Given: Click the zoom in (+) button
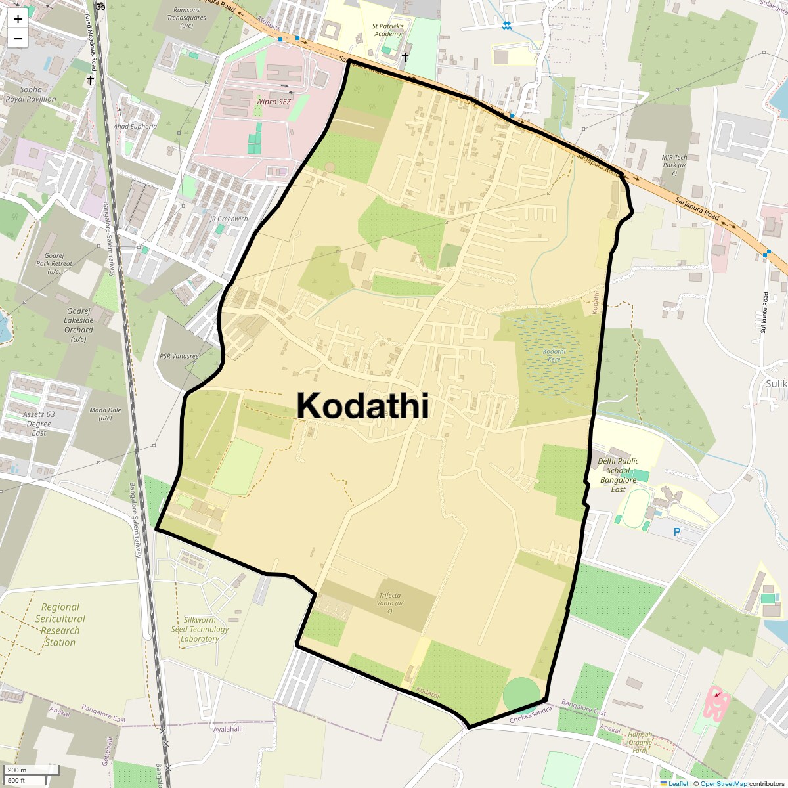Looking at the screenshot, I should tap(18, 18).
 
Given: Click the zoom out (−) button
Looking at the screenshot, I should tap(18, 39).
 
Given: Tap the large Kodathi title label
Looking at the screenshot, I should tap(362, 406).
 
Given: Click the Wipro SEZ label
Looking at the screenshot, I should tap(273, 102).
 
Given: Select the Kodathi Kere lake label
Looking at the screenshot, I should tap(554, 355).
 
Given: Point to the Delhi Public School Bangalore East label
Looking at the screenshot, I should tap(618, 475).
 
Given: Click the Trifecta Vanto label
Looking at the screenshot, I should tap(389, 603).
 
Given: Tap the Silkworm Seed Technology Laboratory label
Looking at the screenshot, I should tap(200, 629).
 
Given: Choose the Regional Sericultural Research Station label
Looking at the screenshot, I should tap(60, 624).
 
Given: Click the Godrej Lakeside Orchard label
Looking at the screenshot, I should tap(79, 325).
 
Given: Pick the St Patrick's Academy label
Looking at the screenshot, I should tap(387, 30).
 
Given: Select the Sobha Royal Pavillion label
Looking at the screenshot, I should tap(31, 94).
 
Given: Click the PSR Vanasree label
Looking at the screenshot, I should tap(179, 356).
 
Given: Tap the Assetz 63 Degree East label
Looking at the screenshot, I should tap(39, 424).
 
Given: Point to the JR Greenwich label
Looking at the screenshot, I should tap(229, 219).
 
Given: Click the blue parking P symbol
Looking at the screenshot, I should tap(677, 532).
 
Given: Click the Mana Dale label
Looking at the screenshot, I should tap(105, 414).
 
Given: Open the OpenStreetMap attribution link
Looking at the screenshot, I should tap(723, 783).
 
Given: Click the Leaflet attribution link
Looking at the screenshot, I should tap(678, 783).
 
